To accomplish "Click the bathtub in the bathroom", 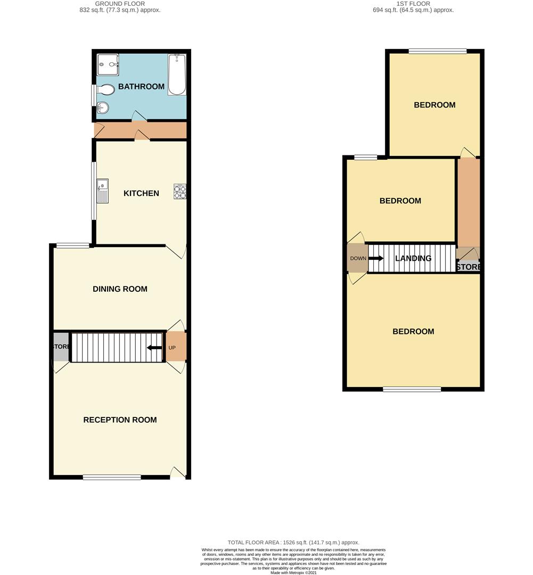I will tap(177, 75).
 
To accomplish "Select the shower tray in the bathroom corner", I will tap(108, 65).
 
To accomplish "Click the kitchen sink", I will tap(103, 191).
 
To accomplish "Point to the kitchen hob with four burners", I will tap(180, 192).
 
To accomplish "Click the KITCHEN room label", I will tap(141, 193).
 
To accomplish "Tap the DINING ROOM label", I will tap(120, 289).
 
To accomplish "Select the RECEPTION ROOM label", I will tap(120, 420).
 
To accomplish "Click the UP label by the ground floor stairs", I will tap(172, 348).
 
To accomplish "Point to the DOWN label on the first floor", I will tap(358, 259).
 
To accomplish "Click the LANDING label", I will tap(413, 259).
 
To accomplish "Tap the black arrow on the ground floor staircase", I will tap(154, 348).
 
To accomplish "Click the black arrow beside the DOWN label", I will tap(376, 259).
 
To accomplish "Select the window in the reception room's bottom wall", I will tap(112, 477).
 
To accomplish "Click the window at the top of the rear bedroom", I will tap(438, 51).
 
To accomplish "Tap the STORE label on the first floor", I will tap(469, 267).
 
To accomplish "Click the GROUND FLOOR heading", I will tap(120, 3).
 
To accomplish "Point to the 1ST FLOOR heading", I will tap(413, 3).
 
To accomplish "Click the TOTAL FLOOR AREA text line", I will tap(293, 543).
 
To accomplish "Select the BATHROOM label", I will tap(141, 87).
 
